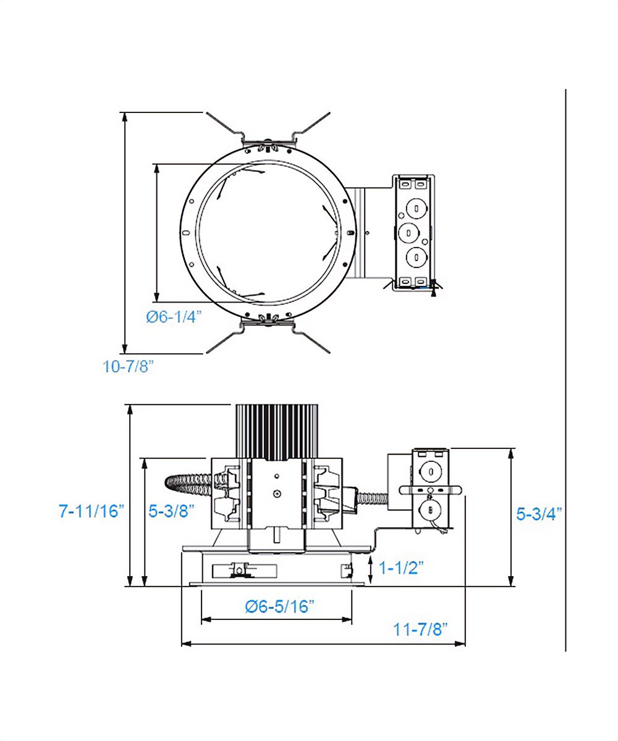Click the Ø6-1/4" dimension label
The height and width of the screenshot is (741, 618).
pos(174,317)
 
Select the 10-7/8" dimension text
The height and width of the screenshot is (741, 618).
pos(128,366)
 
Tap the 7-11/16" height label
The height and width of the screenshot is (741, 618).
pos(91,511)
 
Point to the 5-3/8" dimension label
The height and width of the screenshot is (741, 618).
pos(172,511)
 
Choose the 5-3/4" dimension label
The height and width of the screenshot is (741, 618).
pos(539,514)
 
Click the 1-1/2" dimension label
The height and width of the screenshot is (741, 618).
pos(400,567)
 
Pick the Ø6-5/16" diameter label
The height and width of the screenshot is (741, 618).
pos(280,606)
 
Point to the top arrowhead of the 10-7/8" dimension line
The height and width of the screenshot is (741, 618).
pos(125,116)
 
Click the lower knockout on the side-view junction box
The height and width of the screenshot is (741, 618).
pos(428,509)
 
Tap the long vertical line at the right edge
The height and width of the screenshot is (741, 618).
pos(565,371)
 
